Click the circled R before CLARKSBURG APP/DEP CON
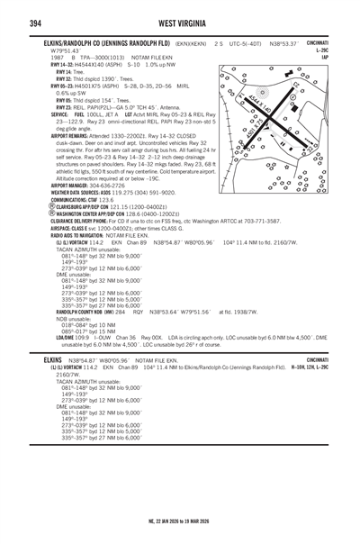pyautogui.click(x=54, y=205)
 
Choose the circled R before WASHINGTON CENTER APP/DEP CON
pyautogui.click(x=54, y=213)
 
